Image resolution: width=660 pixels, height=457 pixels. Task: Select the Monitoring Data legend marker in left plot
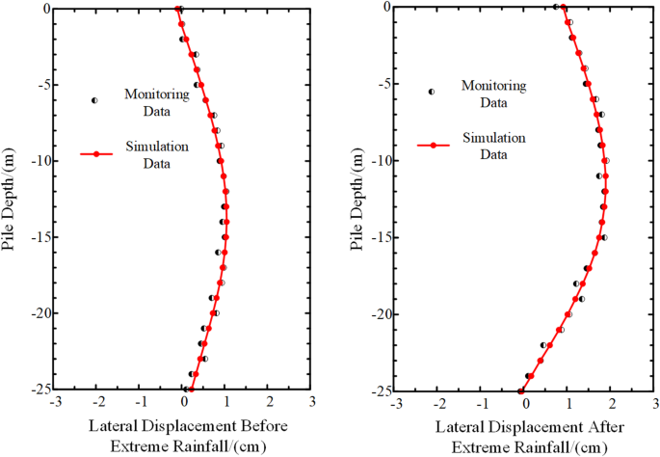click(94, 100)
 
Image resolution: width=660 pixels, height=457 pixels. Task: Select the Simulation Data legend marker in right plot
click(435, 146)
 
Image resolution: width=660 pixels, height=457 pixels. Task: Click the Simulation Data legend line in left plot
click(97, 153)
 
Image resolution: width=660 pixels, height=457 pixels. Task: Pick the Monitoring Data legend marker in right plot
click(431, 92)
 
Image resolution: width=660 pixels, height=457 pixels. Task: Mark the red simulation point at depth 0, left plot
click(179, 9)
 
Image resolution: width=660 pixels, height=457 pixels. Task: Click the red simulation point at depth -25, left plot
click(190, 390)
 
